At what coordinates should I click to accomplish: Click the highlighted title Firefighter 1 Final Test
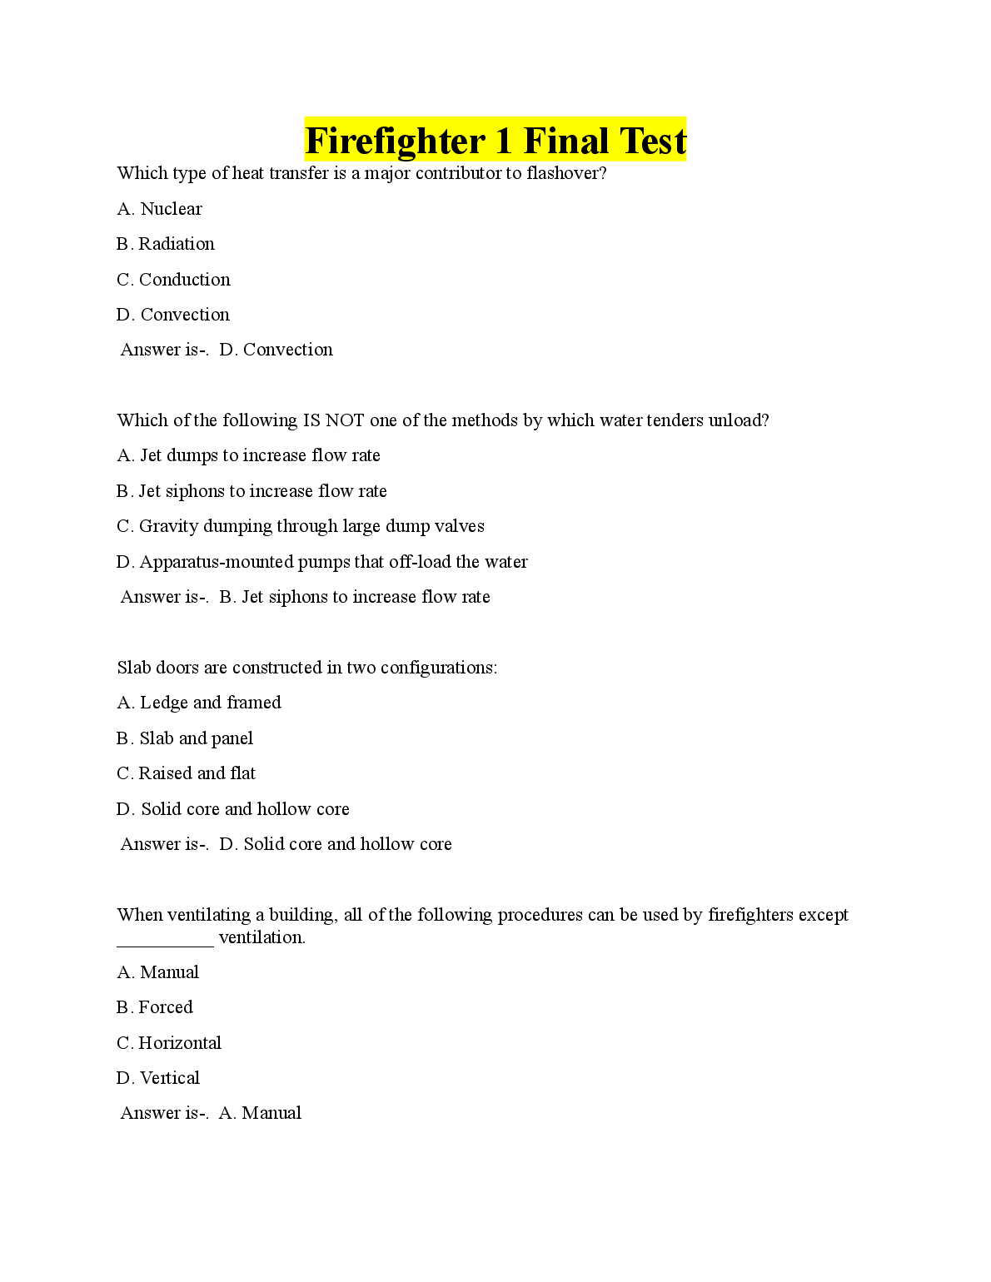tap(495, 140)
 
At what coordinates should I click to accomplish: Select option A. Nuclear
tap(159, 209)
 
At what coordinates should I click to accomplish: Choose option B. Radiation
tap(166, 244)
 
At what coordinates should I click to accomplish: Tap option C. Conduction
tap(173, 280)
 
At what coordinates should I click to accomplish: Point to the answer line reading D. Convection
tap(227, 350)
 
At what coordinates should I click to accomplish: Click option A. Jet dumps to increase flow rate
tap(248, 455)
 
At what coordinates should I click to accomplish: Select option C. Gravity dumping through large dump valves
tap(300, 526)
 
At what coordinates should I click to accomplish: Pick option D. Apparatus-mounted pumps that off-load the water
tap(321, 562)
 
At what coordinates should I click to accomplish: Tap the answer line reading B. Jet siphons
tap(305, 597)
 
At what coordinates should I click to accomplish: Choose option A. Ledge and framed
tap(199, 703)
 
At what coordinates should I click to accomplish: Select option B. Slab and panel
tap(185, 738)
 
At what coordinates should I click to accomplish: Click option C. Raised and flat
tap(186, 773)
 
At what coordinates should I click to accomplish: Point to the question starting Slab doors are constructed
tap(306, 668)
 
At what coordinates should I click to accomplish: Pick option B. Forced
tap(155, 1007)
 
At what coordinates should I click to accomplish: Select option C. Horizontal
tap(169, 1043)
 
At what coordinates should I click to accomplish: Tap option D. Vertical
tap(158, 1078)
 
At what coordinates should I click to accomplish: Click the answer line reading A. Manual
tap(211, 1113)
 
